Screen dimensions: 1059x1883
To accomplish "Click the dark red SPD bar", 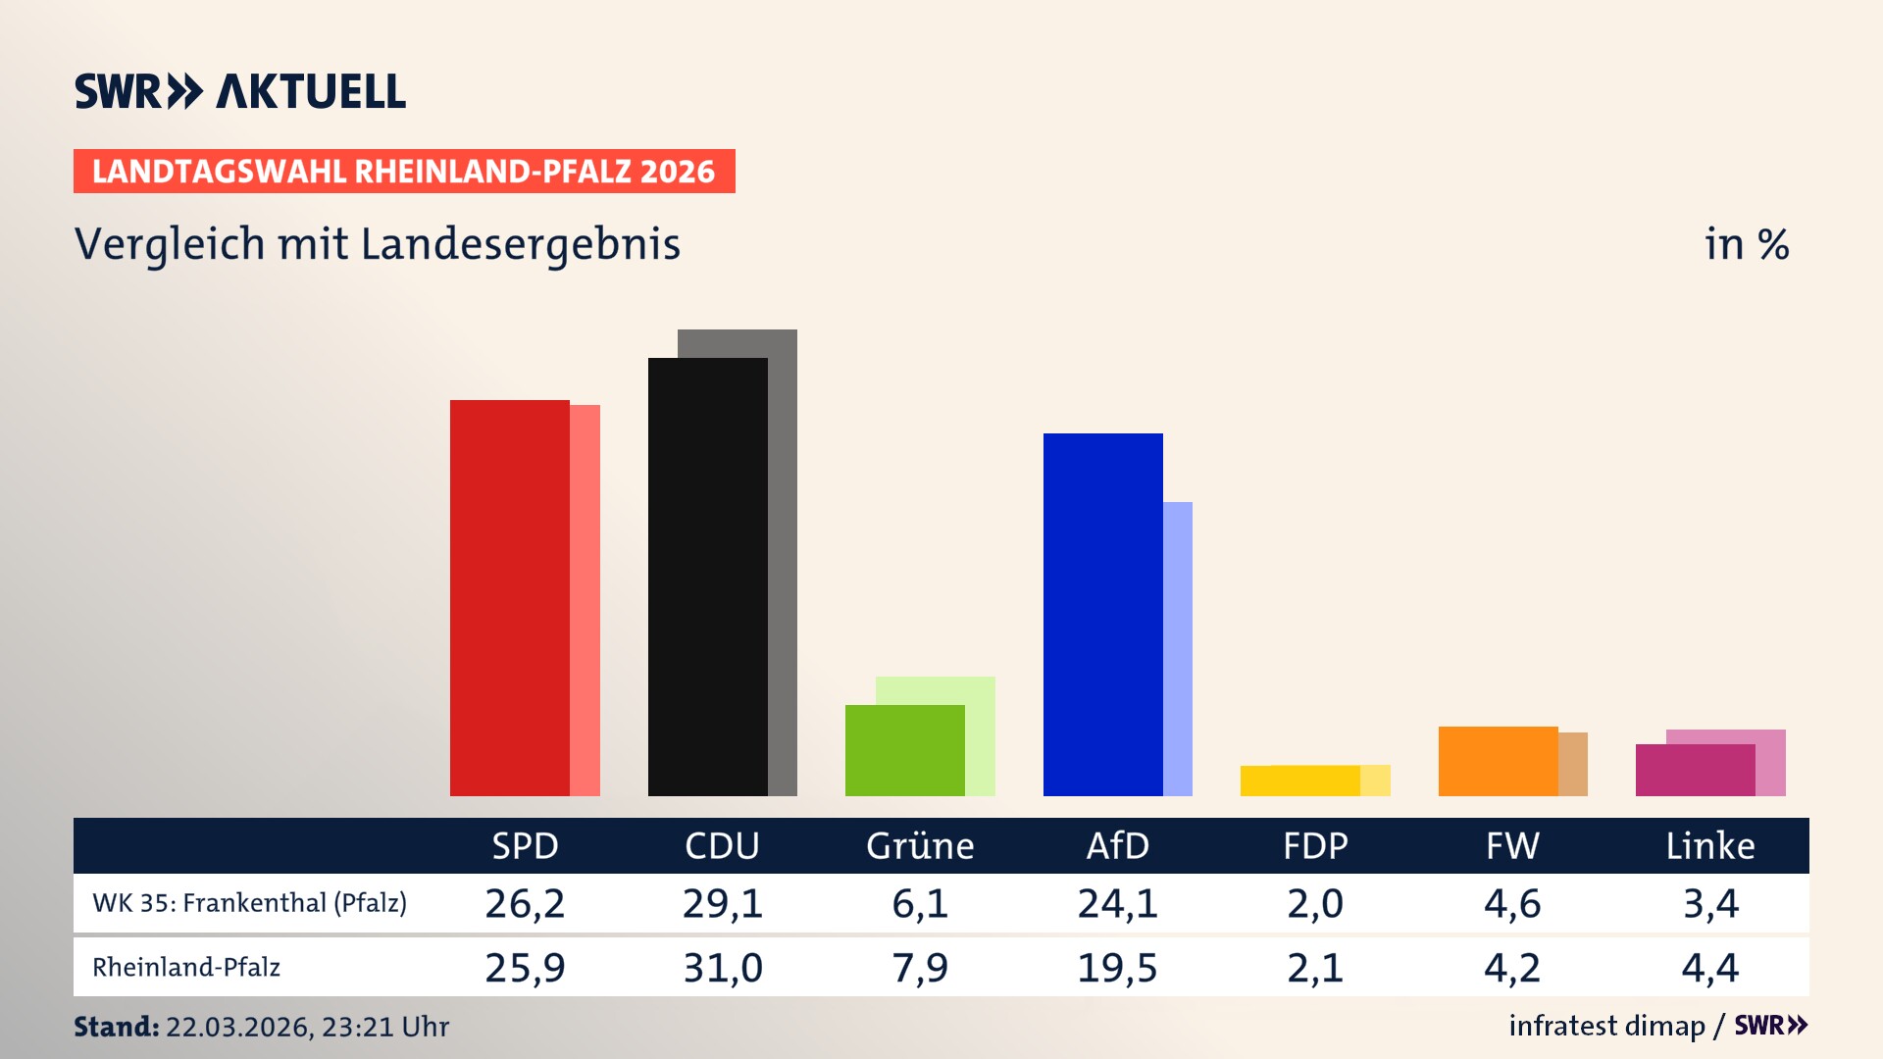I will coord(509,598).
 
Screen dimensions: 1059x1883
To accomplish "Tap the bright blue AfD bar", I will coord(1102,615).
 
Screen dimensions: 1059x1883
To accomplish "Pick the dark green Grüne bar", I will coord(904,750).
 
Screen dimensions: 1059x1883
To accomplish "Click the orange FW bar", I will coord(1498,761).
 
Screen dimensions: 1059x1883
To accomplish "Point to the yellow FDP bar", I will coord(1299,781).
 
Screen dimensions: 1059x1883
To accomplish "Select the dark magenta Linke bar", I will coord(1695,770).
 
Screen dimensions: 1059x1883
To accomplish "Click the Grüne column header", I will coord(920,846).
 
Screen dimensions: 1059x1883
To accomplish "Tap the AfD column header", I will coord(1117,846).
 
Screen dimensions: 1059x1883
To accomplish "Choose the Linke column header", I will coord(1710,846).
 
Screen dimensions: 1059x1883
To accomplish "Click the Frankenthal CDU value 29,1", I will coord(723,903).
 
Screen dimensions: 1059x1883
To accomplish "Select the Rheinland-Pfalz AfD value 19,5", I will coord(1117,968).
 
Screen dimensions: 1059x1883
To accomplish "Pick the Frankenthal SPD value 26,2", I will coord(525,903).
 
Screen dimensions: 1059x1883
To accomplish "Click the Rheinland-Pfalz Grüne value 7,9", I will coord(920,968).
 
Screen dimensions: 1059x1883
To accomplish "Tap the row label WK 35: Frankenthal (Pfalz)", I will coord(249,903).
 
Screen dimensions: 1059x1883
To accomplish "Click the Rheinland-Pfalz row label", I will coord(186,968).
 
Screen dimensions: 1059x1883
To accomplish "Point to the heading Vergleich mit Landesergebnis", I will coord(377,244).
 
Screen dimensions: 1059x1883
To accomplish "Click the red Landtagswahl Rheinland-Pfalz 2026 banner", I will coord(404,172).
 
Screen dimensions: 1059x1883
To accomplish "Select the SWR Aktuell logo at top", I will coord(240,91).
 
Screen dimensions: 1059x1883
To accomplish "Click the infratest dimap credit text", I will coord(1606,1026).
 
